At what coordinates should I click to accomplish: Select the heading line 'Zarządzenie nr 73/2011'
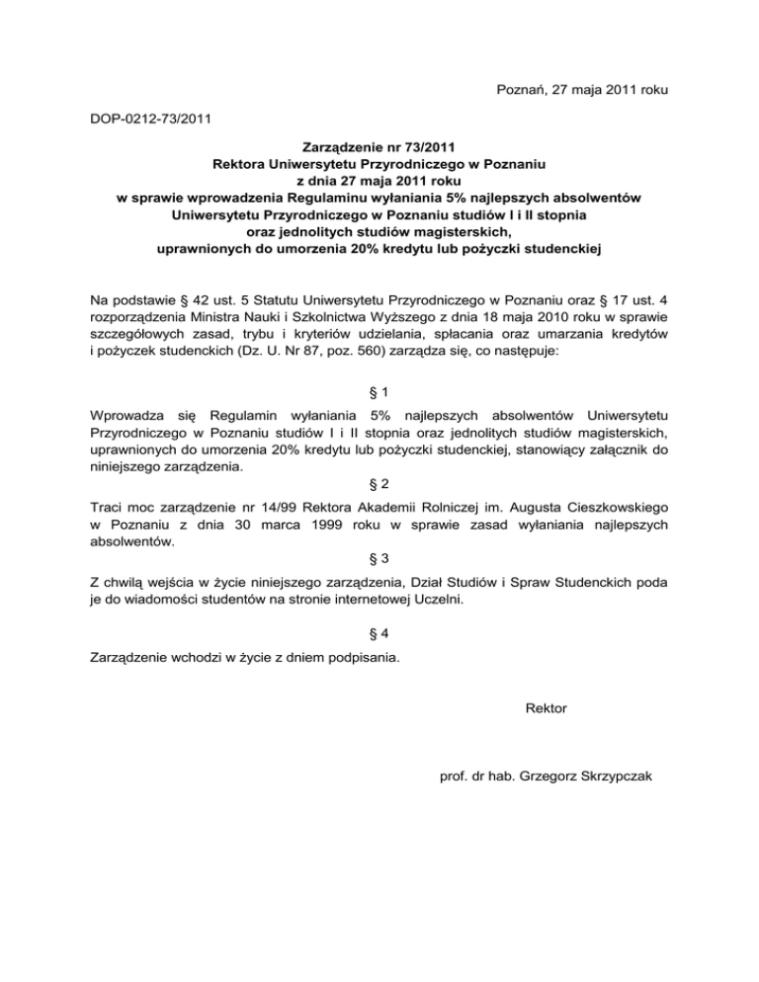[380, 147]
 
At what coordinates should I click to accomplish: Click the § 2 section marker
[379, 485]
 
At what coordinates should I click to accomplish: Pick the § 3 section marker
[379, 558]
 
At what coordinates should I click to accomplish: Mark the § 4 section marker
[379, 633]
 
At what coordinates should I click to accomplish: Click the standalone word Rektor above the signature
[548, 707]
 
